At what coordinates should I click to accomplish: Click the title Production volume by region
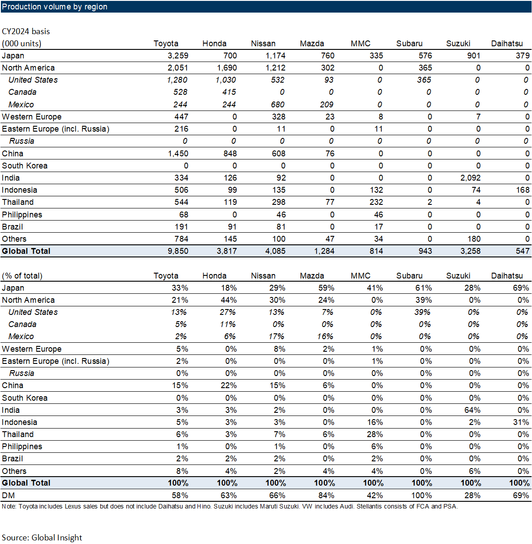[54, 7]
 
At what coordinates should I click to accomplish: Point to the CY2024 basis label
[26, 31]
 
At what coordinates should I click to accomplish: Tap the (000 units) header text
[22, 44]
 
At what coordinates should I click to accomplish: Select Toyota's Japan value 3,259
[178, 56]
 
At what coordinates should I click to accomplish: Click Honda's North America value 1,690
[227, 68]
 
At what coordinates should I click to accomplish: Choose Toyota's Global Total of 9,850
[178, 251]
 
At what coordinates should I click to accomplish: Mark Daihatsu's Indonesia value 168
[523, 190]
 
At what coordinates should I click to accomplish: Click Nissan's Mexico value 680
[277, 105]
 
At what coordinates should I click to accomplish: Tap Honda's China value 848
[230, 154]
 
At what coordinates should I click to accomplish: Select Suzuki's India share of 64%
[472, 410]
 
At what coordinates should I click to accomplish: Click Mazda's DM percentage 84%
[326, 495]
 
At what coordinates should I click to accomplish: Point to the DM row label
[9, 495]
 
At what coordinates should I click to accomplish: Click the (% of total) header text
[22, 276]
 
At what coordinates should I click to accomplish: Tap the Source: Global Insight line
[42, 538]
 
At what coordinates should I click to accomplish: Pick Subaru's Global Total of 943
[425, 251]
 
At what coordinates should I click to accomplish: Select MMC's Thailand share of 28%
[375, 434]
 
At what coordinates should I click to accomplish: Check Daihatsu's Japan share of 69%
[521, 288]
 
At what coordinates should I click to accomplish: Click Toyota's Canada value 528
[180, 92]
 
